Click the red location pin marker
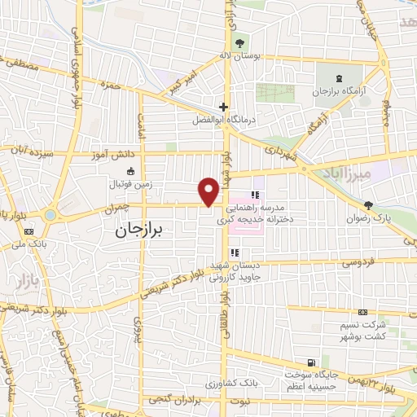pos(209,191)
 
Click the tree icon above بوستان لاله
pos(239,44)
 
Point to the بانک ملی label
pos(31,244)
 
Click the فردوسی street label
pos(358,263)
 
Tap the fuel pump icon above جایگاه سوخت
pos(309,362)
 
